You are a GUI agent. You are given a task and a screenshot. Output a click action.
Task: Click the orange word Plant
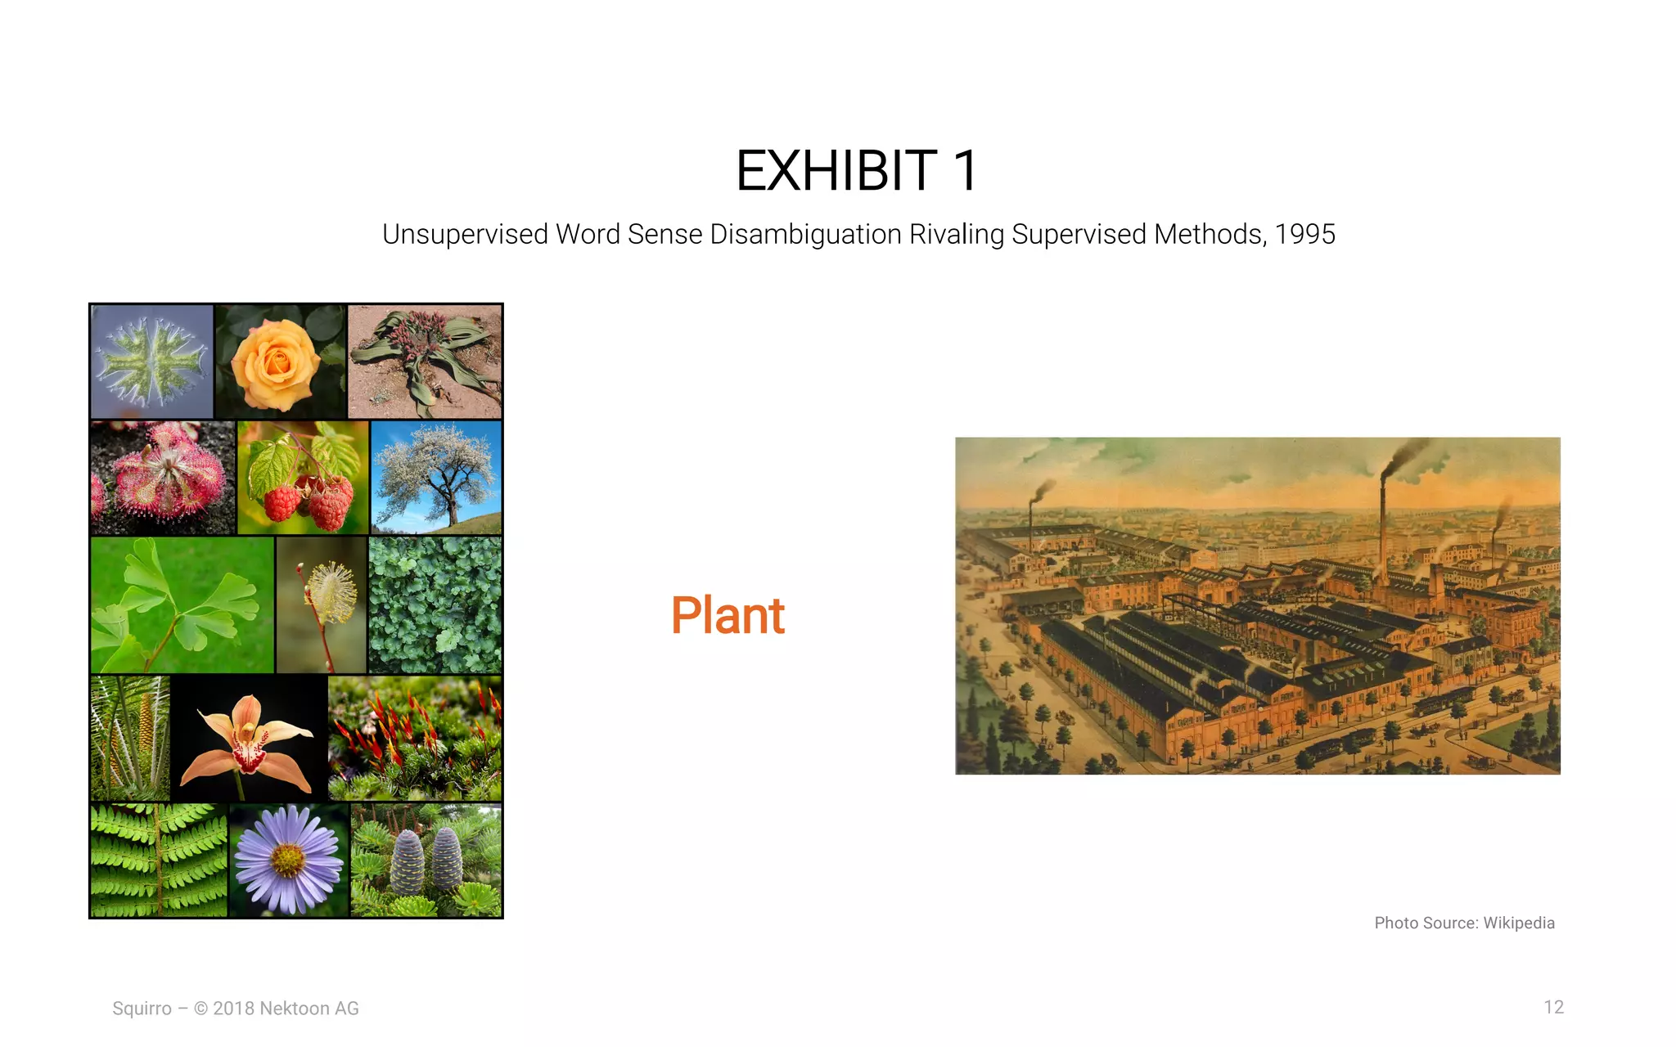(728, 615)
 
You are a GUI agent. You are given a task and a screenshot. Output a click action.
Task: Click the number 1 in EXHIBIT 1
(965, 171)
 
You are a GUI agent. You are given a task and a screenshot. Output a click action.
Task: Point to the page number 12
(1553, 1007)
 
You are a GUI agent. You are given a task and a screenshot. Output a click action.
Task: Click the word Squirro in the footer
(142, 1009)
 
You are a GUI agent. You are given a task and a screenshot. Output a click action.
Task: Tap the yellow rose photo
(279, 362)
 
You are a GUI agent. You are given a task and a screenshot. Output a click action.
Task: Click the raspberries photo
(303, 478)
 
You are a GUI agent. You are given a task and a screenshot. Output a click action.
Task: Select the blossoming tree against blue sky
(436, 478)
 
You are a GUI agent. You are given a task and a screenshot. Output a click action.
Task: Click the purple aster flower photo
(288, 860)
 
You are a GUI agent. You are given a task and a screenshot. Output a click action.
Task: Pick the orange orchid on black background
(249, 738)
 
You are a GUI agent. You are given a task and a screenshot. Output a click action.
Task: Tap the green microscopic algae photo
(152, 362)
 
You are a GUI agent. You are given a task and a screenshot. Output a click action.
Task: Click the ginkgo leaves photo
(182, 605)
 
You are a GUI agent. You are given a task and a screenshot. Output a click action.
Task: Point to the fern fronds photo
(159, 860)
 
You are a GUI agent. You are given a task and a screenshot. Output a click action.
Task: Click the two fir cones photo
(426, 860)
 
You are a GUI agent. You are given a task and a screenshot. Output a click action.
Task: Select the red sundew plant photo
(163, 478)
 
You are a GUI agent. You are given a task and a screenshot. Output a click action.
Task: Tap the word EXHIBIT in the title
(836, 171)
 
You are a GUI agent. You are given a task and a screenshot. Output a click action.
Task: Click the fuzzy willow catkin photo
(322, 605)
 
